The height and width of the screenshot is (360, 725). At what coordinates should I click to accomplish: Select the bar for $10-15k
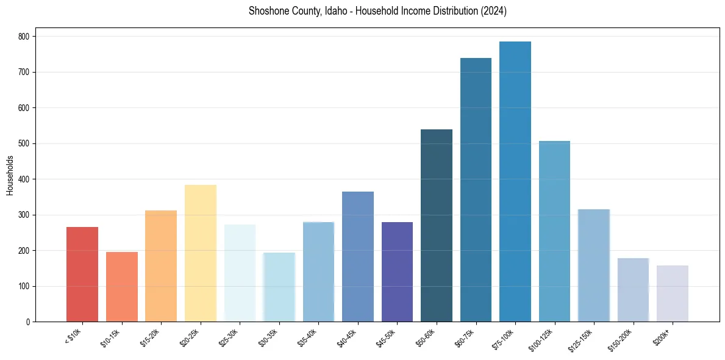click(121, 287)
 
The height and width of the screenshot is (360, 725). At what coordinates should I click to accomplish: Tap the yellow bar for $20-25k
click(200, 253)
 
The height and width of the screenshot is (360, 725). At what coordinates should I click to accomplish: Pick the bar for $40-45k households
click(357, 256)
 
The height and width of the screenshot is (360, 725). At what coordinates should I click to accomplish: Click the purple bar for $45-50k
click(397, 272)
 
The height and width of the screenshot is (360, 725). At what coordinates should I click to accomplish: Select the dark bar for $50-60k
click(436, 226)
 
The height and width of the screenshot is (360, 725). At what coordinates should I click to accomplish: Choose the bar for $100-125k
click(554, 231)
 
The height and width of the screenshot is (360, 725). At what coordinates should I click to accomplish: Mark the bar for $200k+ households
click(672, 293)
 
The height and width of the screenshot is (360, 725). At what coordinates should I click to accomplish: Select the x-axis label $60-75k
click(466, 337)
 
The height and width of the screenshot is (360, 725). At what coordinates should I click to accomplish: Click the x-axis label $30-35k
click(269, 337)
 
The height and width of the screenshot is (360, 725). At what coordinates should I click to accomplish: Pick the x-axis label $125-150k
click(582, 339)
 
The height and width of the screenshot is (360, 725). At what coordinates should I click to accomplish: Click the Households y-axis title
click(10, 175)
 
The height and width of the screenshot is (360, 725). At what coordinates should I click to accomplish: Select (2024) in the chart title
click(494, 11)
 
